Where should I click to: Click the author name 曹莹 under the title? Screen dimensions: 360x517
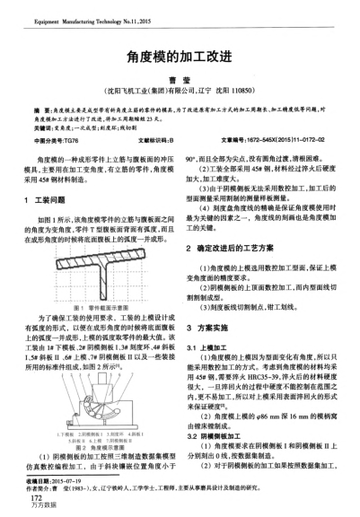pos(180,77)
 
